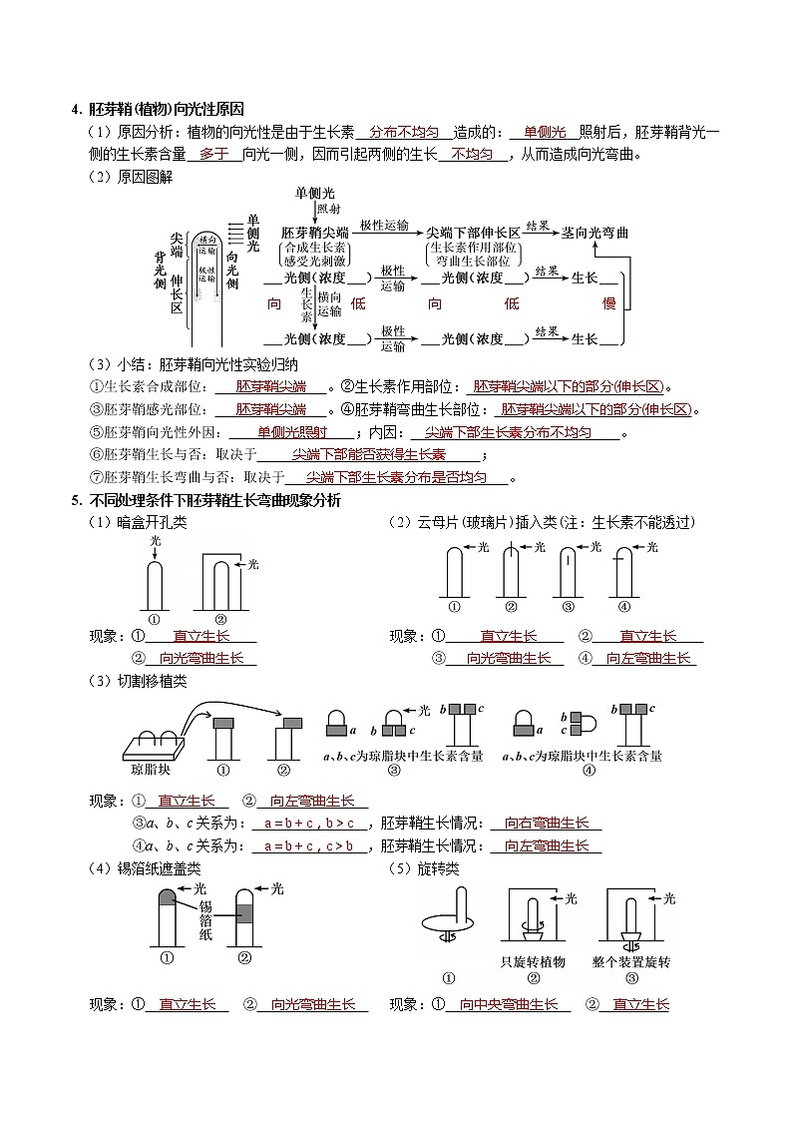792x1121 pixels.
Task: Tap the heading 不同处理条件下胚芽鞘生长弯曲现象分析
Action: (213, 500)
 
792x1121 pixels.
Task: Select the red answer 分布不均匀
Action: (404, 132)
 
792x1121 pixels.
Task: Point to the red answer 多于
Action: (214, 154)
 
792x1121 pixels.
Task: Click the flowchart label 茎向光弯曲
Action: (594, 232)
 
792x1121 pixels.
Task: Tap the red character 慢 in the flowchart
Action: (608, 303)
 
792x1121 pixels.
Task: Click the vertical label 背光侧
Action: (160, 271)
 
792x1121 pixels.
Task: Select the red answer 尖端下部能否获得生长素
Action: (368, 454)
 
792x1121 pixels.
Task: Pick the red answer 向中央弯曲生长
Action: (509, 1004)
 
